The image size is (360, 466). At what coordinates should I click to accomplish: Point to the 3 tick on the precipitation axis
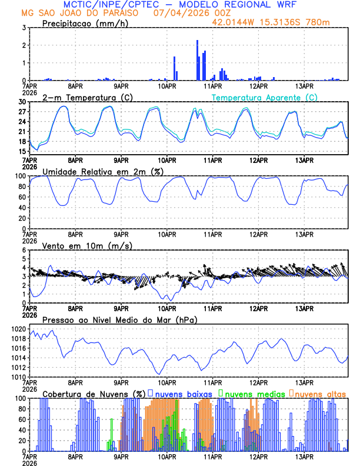23,28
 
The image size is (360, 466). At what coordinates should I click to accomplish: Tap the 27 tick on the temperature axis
21,112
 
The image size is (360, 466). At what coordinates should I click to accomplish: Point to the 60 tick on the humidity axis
21,197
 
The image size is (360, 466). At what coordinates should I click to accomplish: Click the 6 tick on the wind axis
23,250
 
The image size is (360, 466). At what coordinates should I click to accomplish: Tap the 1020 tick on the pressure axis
18,329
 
